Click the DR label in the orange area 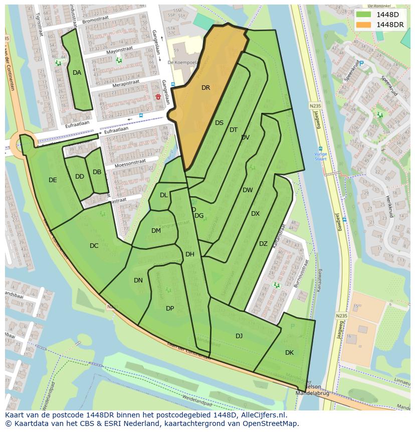(x=205, y=88)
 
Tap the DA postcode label (x=77, y=73)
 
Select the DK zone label (x=289, y=353)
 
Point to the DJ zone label (x=239, y=336)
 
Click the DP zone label (x=170, y=308)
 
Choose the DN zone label (x=138, y=280)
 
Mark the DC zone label (x=94, y=246)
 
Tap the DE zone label (x=53, y=180)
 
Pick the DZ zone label (x=263, y=244)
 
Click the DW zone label (x=248, y=190)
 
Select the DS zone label (x=219, y=123)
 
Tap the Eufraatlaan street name (x=116, y=129)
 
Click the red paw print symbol (x=158, y=96)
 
